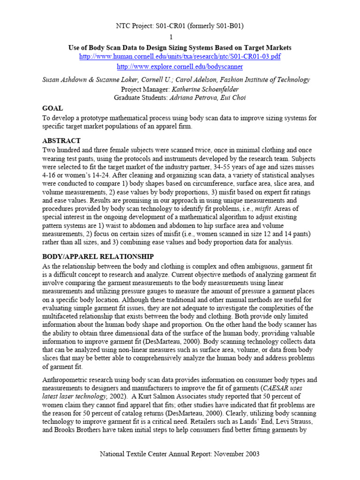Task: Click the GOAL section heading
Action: coord(52,108)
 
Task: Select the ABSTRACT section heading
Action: coord(61,141)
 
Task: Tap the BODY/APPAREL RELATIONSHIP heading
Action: coord(98,256)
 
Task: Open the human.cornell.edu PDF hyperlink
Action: coord(180,56)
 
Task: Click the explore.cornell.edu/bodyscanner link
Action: coord(180,67)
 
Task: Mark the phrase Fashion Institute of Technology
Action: coord(274,80)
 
